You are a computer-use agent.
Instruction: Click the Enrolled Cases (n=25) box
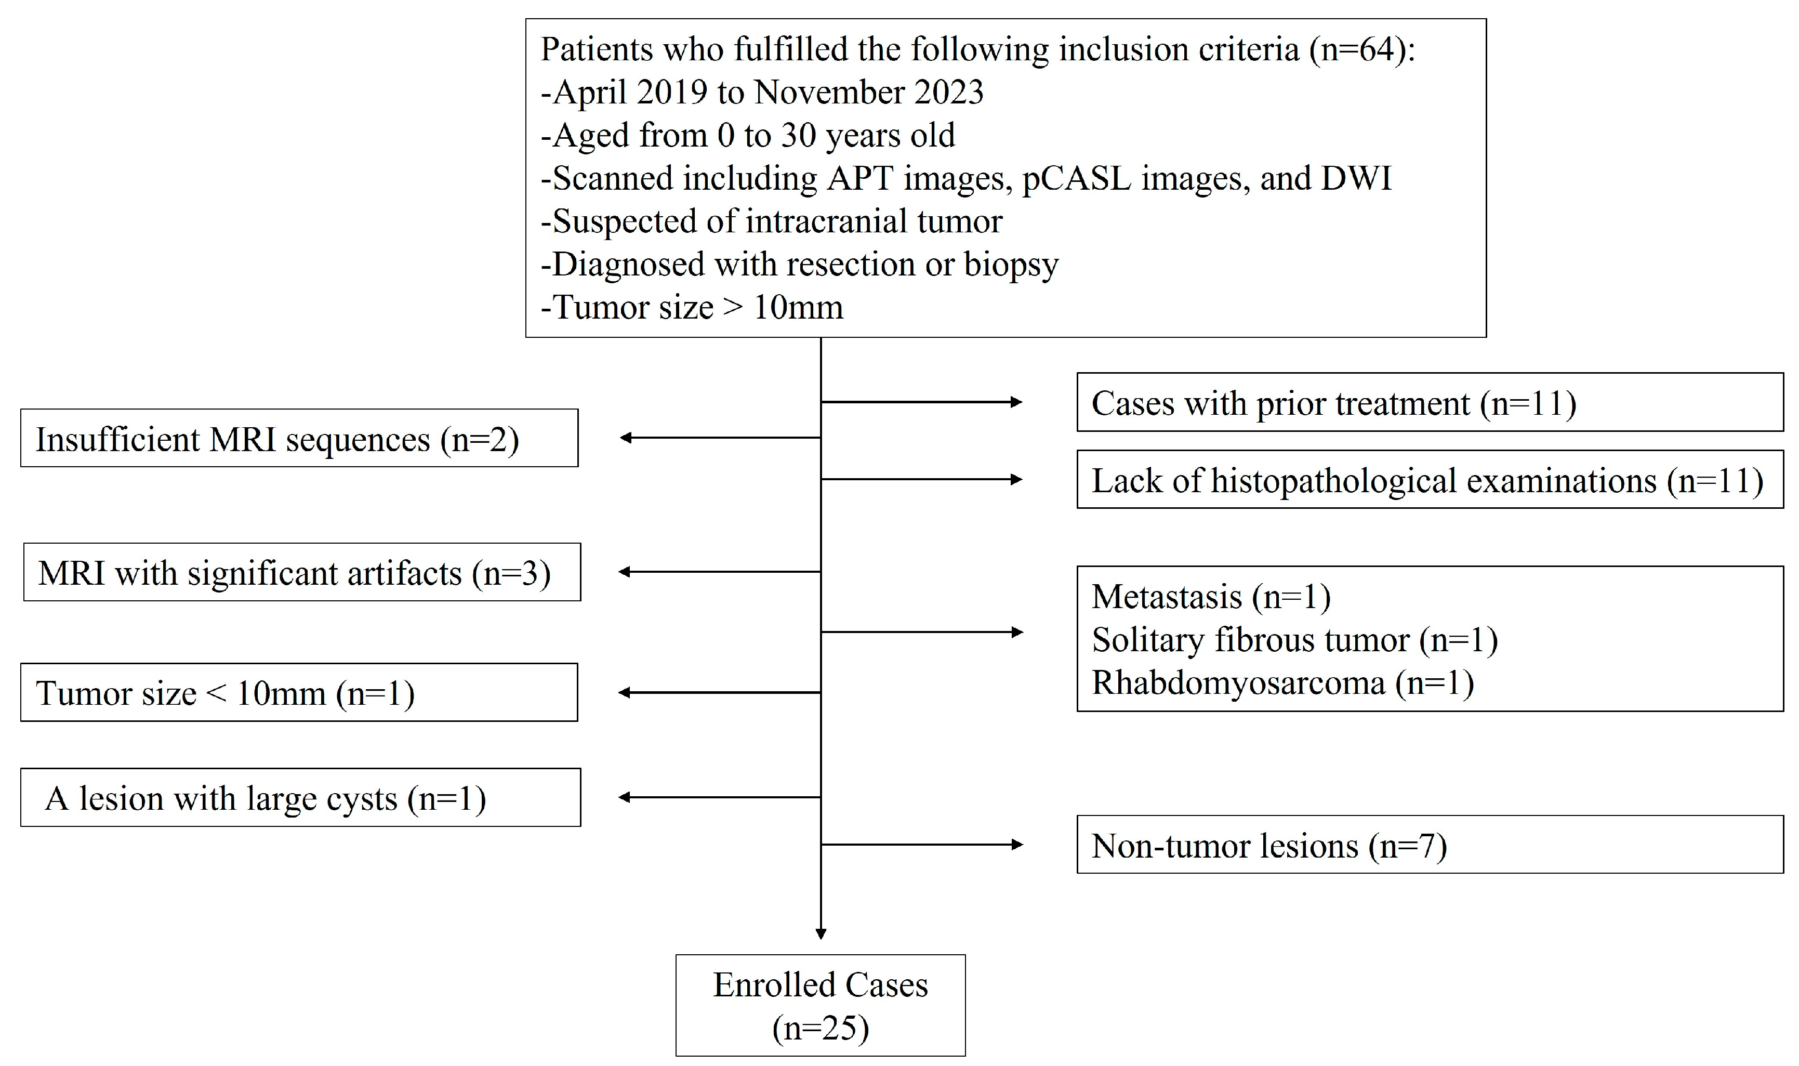coord(820,1005)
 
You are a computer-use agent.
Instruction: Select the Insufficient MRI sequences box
coord(299,438)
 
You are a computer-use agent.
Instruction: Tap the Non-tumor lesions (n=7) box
coord(1429,845)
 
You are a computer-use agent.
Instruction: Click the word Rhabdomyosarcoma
coord(1238,682)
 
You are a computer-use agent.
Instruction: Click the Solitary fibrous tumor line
coord(1294,640)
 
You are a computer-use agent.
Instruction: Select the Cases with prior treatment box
coord(1429,402)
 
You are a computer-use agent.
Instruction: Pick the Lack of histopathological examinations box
coord(1429,480)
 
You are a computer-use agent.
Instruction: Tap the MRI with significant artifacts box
coord(301,573)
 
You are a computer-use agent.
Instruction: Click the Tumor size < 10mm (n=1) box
coord(299,692)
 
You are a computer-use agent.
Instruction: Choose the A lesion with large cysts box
coord(300,798)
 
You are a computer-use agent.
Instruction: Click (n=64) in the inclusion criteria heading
coord(1357,49)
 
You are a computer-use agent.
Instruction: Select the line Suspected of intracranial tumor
coord(771,221)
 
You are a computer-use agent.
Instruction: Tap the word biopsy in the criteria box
coord(1011,265)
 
